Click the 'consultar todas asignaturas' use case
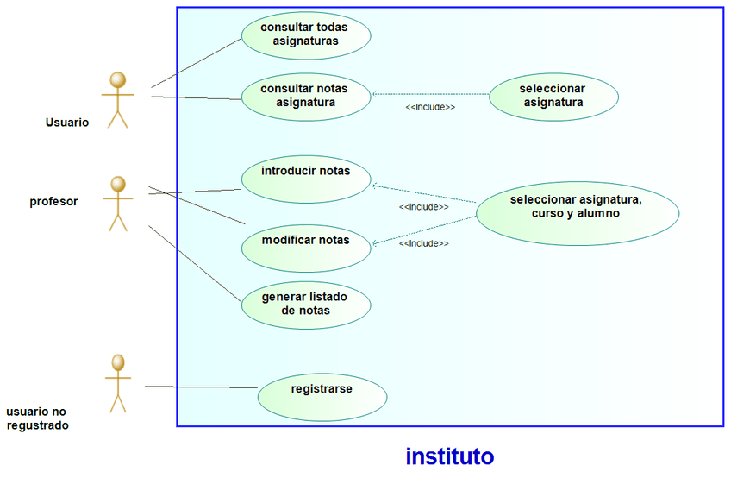coord(305,34)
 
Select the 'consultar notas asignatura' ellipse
coord(305,96)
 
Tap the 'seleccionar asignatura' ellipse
coord(553,96)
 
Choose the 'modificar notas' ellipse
coord(305,241)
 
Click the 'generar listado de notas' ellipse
coord(305,304)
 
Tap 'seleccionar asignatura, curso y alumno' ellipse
coord(577,207)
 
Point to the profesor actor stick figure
coord(117,204)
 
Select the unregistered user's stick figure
coord(117,381)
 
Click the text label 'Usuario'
coord(67,123)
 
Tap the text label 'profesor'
coord(54,202)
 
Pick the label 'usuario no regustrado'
coord(38,418)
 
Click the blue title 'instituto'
coord(449,456)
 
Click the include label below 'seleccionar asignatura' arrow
coord(429,107)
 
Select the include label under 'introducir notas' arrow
coord(423,207)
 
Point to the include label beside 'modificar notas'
coord(423,243)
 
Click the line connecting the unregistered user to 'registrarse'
coord(201,387)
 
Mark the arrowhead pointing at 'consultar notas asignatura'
coord(374,93)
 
